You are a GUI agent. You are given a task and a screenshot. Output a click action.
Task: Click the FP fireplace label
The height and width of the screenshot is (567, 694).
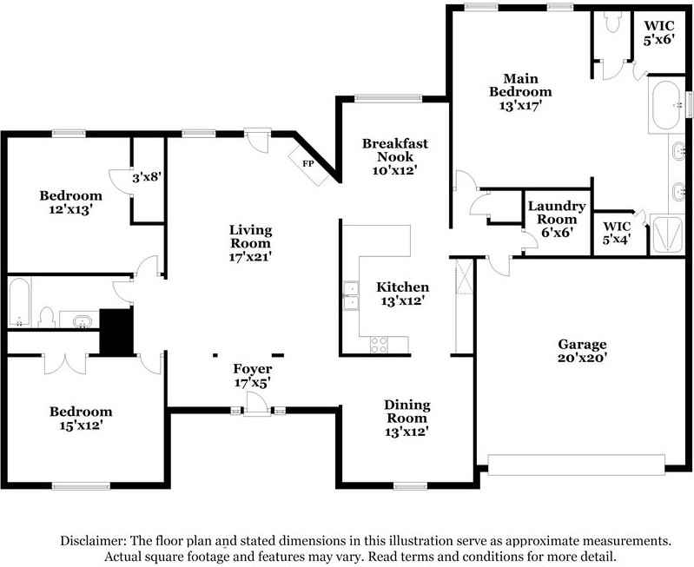point(308,164)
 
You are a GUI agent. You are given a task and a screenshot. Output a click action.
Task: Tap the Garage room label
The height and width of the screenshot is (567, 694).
point(582,344)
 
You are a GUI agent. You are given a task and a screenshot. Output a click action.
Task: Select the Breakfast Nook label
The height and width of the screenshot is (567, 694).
point(395,150)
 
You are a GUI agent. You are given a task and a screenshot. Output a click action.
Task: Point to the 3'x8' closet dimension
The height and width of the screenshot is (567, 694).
point(146,178)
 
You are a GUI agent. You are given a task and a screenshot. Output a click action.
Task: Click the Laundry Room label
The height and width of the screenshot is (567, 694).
point(557,213)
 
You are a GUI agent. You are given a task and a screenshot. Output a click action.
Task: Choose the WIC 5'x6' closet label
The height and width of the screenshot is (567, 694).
point(658,33)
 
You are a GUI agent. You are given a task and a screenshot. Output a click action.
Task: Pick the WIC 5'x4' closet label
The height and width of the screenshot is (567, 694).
point(617,233)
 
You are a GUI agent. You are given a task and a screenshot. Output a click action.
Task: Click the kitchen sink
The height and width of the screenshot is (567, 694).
point(351,295)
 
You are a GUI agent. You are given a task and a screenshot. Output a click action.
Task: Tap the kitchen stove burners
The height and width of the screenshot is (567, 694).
point(379,346)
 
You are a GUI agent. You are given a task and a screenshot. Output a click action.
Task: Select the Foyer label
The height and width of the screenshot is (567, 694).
point(252,368)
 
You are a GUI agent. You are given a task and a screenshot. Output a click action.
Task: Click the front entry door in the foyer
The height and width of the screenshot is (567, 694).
point(257,404)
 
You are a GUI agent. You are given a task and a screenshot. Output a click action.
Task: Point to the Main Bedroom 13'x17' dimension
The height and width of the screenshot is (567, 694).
point(520,105)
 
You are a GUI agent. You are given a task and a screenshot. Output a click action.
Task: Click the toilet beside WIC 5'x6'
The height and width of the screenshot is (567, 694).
point(612,22)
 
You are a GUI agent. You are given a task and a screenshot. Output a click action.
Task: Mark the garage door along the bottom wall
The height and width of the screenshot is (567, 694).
point(576,465)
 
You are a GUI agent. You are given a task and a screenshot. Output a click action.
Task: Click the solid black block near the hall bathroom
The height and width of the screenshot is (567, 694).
point(116,332)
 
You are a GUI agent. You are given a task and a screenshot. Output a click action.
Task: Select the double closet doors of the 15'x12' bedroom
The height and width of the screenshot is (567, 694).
point(65,364)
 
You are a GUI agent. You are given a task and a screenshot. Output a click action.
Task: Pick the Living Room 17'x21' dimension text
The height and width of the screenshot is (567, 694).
point(250,256)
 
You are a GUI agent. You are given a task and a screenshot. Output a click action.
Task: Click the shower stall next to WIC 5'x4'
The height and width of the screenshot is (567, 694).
point(666,234)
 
